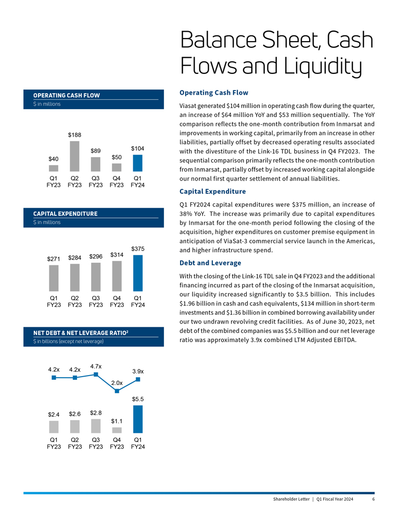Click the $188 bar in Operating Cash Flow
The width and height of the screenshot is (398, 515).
pyautogui.click(x=75, y=156)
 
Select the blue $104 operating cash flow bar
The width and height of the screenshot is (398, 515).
pyautogui.click(x=137, y=163)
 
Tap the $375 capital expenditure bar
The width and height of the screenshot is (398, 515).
pyautogui.click(x=137, y=273)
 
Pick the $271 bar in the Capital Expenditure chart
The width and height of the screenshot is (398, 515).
pyautogui.click(x=54, y=278)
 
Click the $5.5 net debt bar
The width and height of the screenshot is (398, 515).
pyautogui.click(x=137, y=419)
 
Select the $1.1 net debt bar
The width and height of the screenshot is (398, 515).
pyautogui.click(x=117, y=430)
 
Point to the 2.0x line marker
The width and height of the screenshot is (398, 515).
pyautogui.click(x=117, y=391)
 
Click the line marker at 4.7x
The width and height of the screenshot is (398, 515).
pyautogui.click(x=96, y=374)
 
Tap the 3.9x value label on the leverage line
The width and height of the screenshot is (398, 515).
pyautogui.click(x=138, y=371)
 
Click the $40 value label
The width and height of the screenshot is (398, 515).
pyautogui.click(x=54, y=158)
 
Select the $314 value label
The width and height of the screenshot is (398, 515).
pyautogui.click(x=117, y=255)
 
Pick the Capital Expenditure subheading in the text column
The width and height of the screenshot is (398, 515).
pyautogui.click(x=212, y=191)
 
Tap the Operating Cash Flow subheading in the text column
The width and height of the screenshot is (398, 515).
pyautogui.click(x=213, y=93)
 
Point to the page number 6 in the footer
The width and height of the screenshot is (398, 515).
pyautogui.click(x=374, y=499)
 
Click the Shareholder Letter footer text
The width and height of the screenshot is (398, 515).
pyautogui.click(x=291, y=499)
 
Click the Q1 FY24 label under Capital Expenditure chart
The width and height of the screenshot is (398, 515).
pyautogui.click(x=137, y=302)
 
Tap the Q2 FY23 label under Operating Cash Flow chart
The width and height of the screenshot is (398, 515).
pyautogui.click(x=75, y=181)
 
